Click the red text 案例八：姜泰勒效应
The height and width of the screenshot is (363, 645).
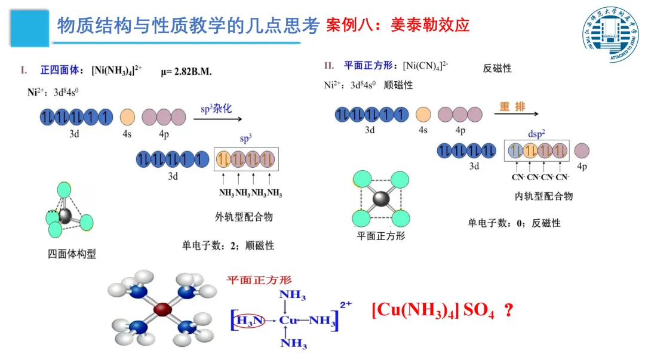coord(398,25)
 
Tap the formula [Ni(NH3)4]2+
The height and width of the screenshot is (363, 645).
coord(116,70)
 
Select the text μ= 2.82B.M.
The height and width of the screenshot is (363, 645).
coord(186,72)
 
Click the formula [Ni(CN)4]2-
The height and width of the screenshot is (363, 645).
coord(425,65)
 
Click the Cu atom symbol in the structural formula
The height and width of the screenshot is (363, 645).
coord(289,321)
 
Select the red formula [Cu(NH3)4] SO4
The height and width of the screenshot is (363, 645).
coord(433,311)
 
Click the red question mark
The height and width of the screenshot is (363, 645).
coord(509,311)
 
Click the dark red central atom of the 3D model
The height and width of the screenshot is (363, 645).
coord(162,309)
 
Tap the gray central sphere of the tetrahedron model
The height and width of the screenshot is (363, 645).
coord(65,216)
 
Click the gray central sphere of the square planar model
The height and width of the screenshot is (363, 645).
coord(380,200)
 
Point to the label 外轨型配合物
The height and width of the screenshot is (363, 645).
coord(244,217)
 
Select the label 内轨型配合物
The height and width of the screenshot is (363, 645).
coord(543,196)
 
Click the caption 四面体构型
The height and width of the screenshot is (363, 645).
coord(72,254)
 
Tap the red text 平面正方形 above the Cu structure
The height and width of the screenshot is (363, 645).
coord(259,279)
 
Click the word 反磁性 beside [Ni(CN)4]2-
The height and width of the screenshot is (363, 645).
coord(497,69)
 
